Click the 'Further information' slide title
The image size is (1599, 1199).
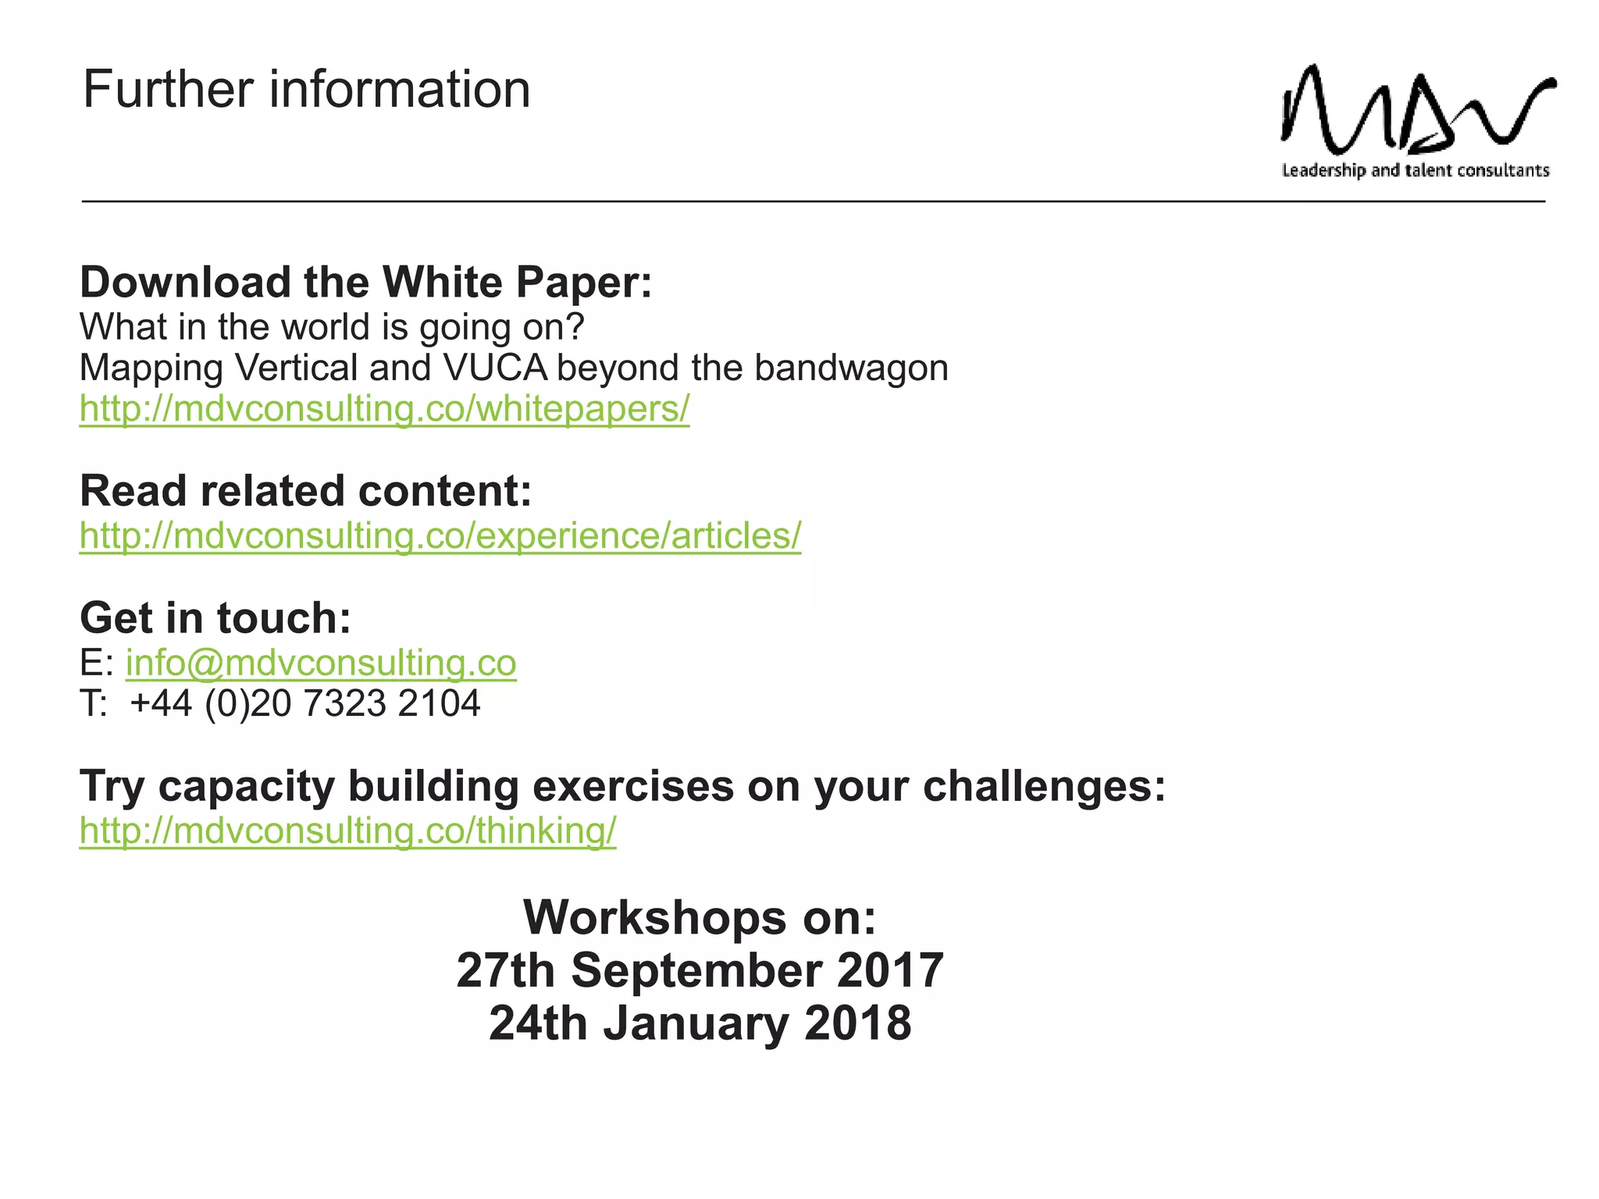pyautogui.click(x=306, y=89)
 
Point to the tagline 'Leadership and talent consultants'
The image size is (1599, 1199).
pyautogui.click(x=1415, y=170)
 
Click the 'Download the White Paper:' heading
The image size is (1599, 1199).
pyautogui.click(x=365, y=282)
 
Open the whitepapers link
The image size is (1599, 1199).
pyautogui.click(x=384, y=408)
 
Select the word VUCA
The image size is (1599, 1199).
pyautogui.click(x=495, y=368)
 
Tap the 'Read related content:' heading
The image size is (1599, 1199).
pyautogui.click(x=305, y=491)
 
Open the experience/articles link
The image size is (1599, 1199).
pyautogui.click(x=440, y=535)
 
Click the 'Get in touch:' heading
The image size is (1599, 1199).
pyautogui.click(x=215, y=617)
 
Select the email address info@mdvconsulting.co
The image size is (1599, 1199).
pyautogui.click(x=321, y=663)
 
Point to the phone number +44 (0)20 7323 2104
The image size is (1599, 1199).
pyautogui.click(x=304, y=703)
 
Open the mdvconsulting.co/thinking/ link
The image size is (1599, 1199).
pyautogui.click(x=347, y=831)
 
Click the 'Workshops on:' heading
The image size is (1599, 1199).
pyautogui.click(x=700, y=917)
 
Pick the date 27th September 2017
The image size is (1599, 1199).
pyautogui.click(x=700, y=970)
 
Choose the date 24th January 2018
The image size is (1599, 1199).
pyautogui.click(x=700, y=1023)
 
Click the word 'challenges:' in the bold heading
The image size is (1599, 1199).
pyautogui.click(x=1044, y=786)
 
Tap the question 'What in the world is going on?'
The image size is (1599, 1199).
pyautogui.click(x=332, y=327)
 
